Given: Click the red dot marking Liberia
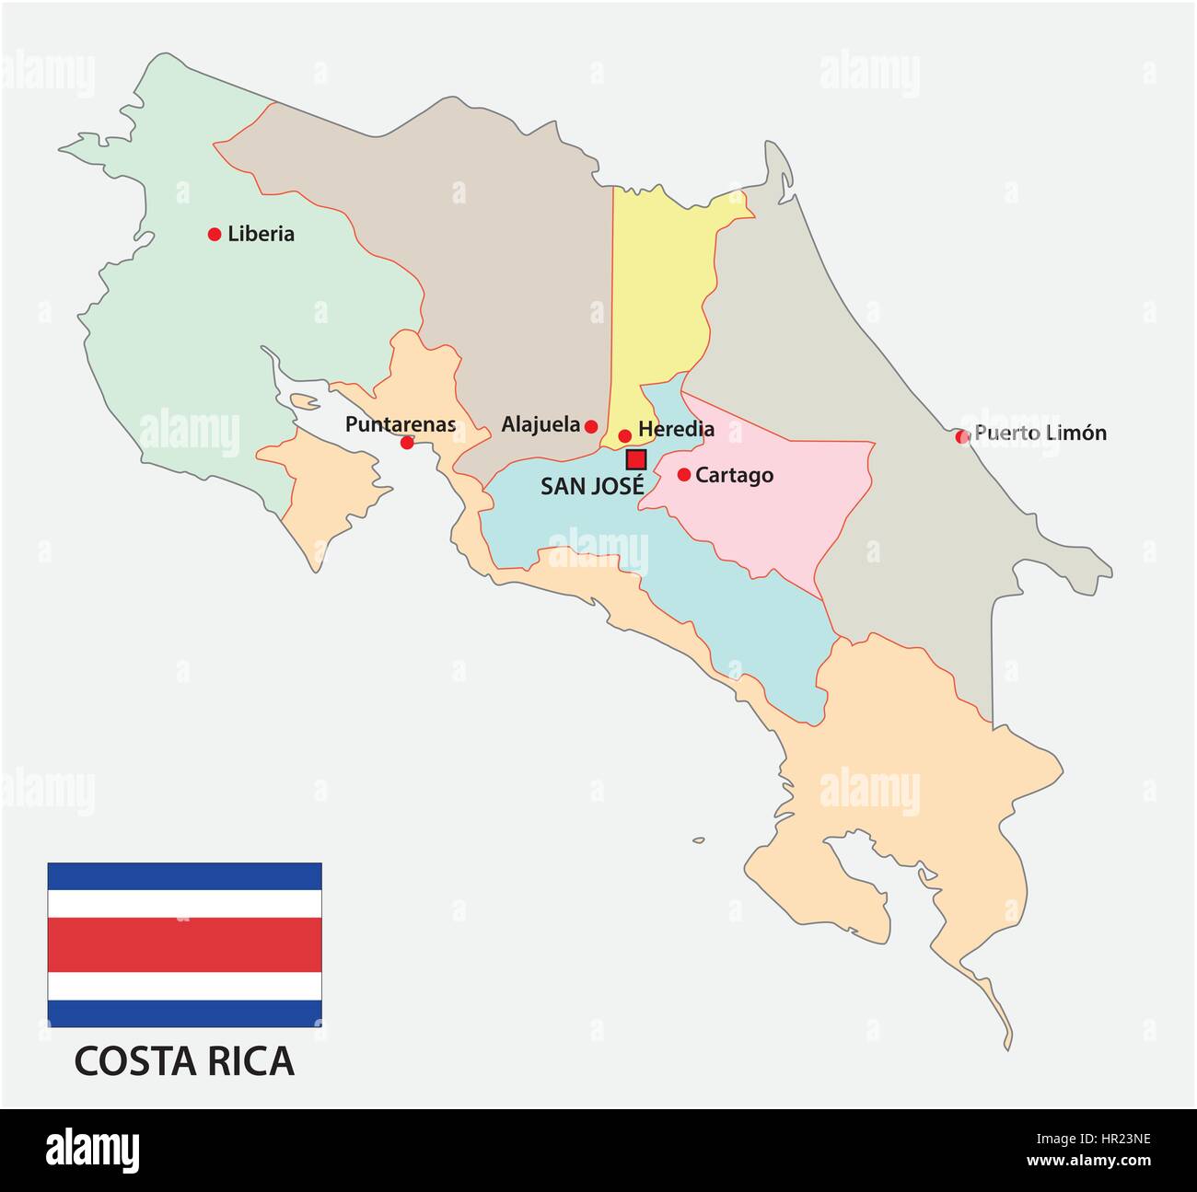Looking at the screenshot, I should pyautogui.click(x=215, y=235).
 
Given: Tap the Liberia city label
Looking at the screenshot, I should pyautogui.click(x=261, y=234).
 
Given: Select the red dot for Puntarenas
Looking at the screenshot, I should pyautogui.click(x=407, y=443).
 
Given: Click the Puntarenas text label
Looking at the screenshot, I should pyautogui.click(x=401, y=424).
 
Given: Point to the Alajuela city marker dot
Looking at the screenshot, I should pyautogui.click(x=591, y=426).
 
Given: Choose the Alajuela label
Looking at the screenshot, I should pyautogui.click(x=540, y=424).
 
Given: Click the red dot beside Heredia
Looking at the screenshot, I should pyautogui.click(x=624, y=435).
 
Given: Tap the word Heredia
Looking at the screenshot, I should pyautogui.click(x=676, y=429).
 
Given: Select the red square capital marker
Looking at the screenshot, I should pyautogui.click(x=635, y=459).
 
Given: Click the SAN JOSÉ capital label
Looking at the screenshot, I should pyautogui.click(x=592, y=486).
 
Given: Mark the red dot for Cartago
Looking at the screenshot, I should pyautogui.click(x=684, y=475).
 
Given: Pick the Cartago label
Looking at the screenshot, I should pyautogui.click(x=734, y=476).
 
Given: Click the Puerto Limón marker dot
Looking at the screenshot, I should pyautogui.click(x=962, y=436).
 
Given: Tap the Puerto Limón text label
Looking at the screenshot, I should pyautogui.click(x=1040, y=433).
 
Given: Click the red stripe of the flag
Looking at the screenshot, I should pyautogui.click(x=184, y=945).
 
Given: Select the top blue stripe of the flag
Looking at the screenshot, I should pyautogui.click(x=184, y=876).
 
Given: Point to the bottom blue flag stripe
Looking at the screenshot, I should pyautogui.click(x=184, y=1013).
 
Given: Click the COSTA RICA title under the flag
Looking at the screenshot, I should pyautogui.click(x=184, y=1061).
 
